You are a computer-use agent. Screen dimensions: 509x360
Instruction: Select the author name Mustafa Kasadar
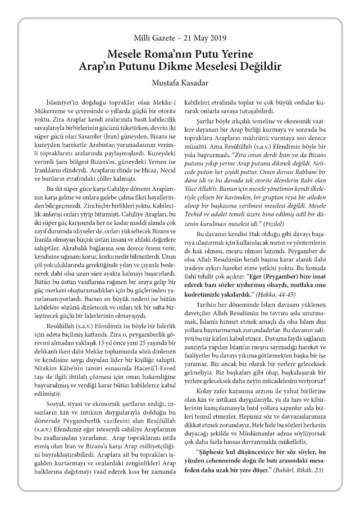click(x=180, y=82)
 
